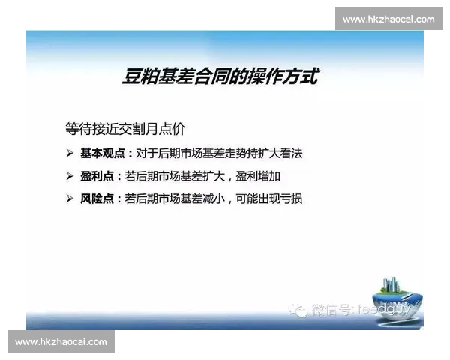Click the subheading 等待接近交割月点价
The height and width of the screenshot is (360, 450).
[x=125, y=128]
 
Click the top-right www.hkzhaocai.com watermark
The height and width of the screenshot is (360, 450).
[x=388, y=19]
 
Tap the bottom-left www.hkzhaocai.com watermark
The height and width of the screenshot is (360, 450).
[x=61, y=342]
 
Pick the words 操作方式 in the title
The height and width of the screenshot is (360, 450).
[x=288, y=76]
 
